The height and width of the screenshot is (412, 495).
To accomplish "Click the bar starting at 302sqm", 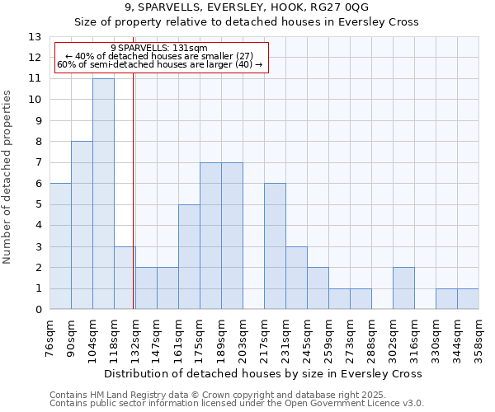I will click(x=403, y=288).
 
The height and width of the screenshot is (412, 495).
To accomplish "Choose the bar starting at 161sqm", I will click(x=189, y=256).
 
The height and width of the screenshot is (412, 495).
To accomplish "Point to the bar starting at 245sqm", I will click(x=318, y=288).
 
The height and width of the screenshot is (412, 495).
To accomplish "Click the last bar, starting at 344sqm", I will click(x=468, y=298).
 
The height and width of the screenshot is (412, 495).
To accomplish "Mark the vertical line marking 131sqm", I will click(x=134, y=206).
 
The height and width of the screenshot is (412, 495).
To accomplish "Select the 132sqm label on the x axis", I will click(x=136, y=336).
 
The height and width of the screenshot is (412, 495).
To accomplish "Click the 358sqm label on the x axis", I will click(x=479, y=336).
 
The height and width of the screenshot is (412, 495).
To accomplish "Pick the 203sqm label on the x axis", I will click(x=243, y=336).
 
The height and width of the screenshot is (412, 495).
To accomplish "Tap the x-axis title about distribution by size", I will click(x=264, y=373).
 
